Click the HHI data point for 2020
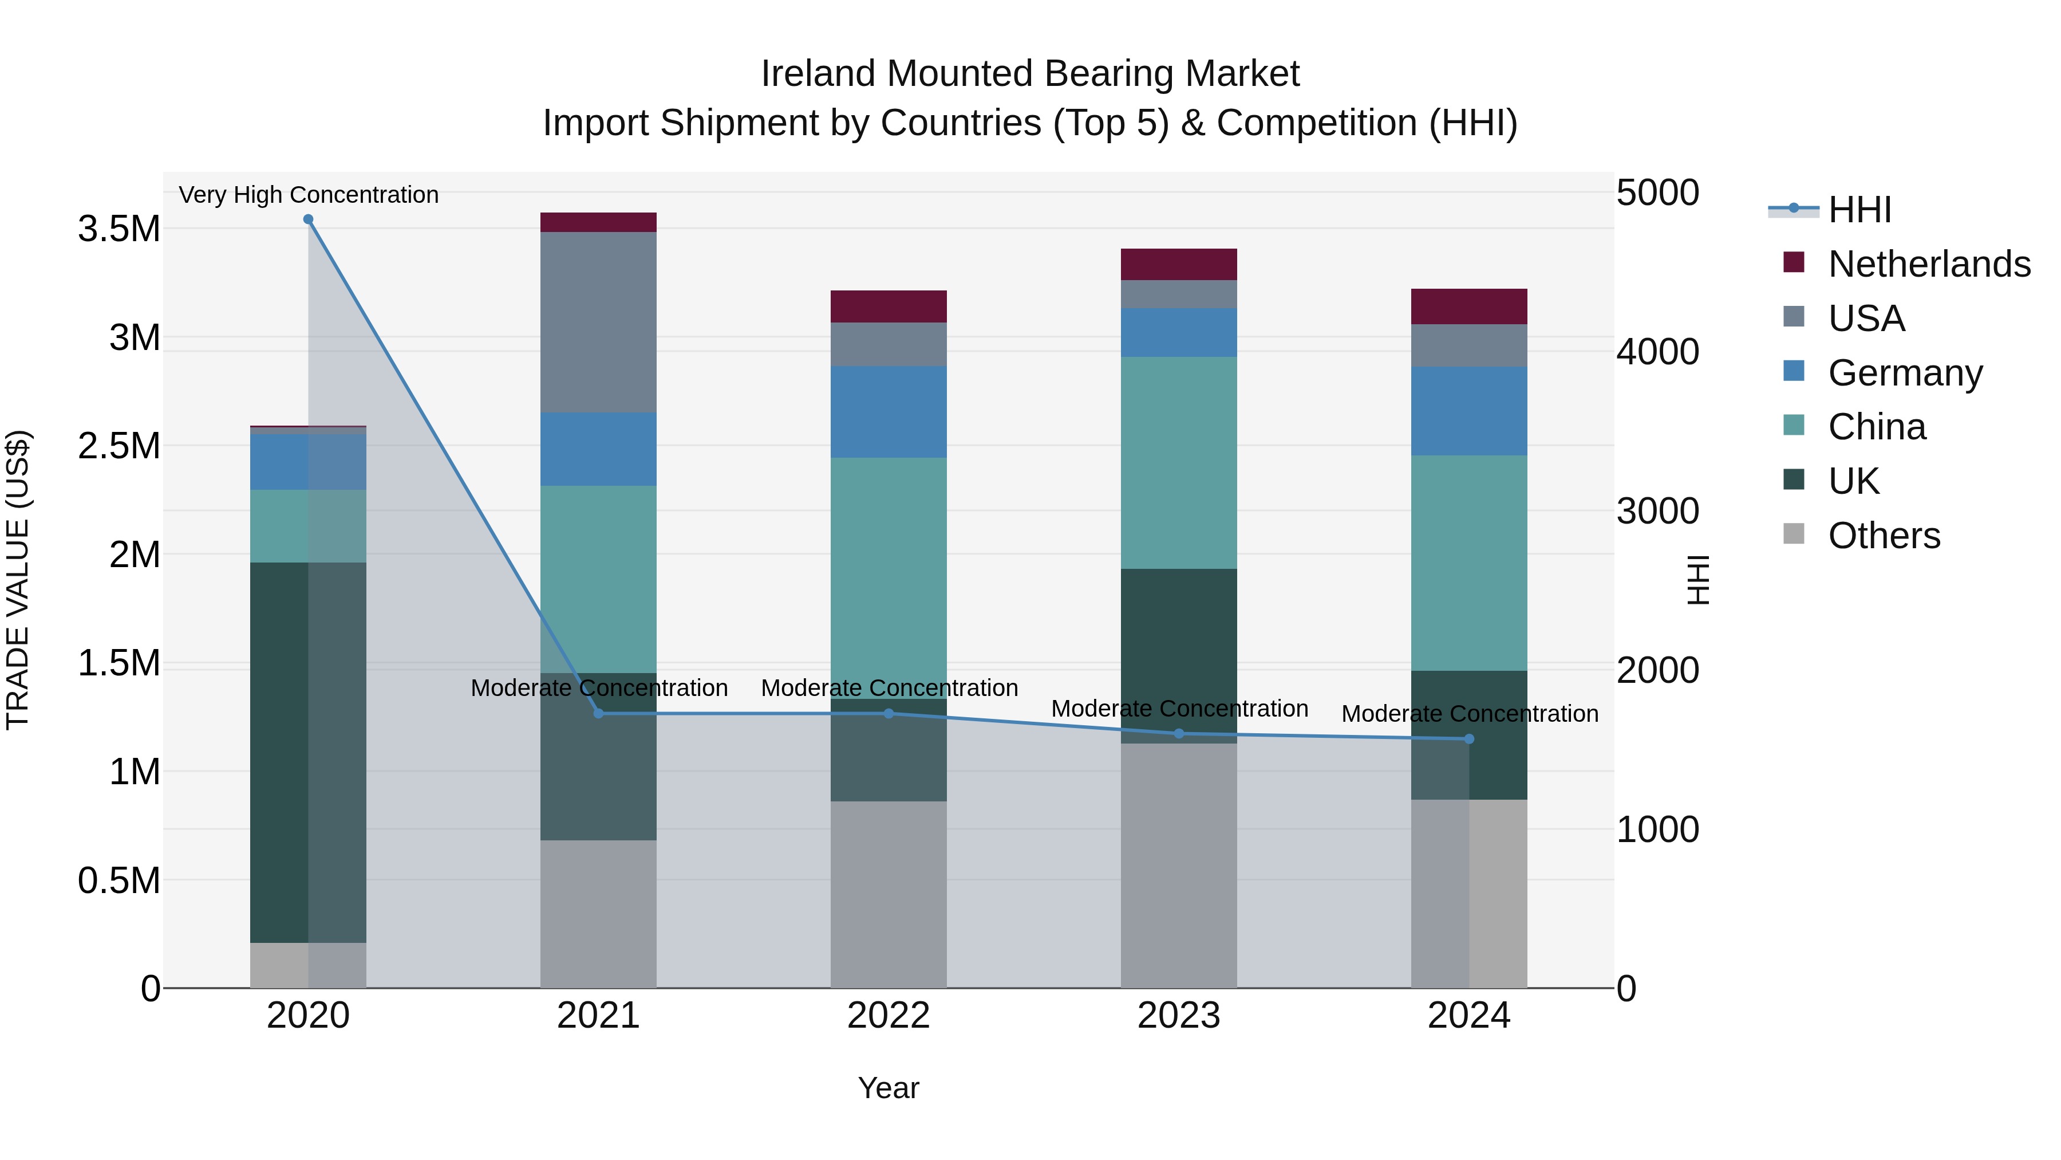pos(308,219)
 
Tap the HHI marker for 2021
pos(598,713)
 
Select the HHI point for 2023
pos(1179,733)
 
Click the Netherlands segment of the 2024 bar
pos(1469,306)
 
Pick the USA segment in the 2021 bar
pos(598,322)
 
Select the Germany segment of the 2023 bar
pos(1179,332)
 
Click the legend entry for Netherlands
pos(1929,264)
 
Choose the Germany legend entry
pos(1905,372)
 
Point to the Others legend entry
pos(1884,535)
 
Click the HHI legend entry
pos(1859,210)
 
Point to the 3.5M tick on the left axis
pos(119,229)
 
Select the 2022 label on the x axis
pos(888,1016)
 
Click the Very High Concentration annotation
pos(308,195)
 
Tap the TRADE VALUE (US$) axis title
pos(18,580)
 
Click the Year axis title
pos(888,1088)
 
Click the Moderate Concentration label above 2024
pos(1469,713)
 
